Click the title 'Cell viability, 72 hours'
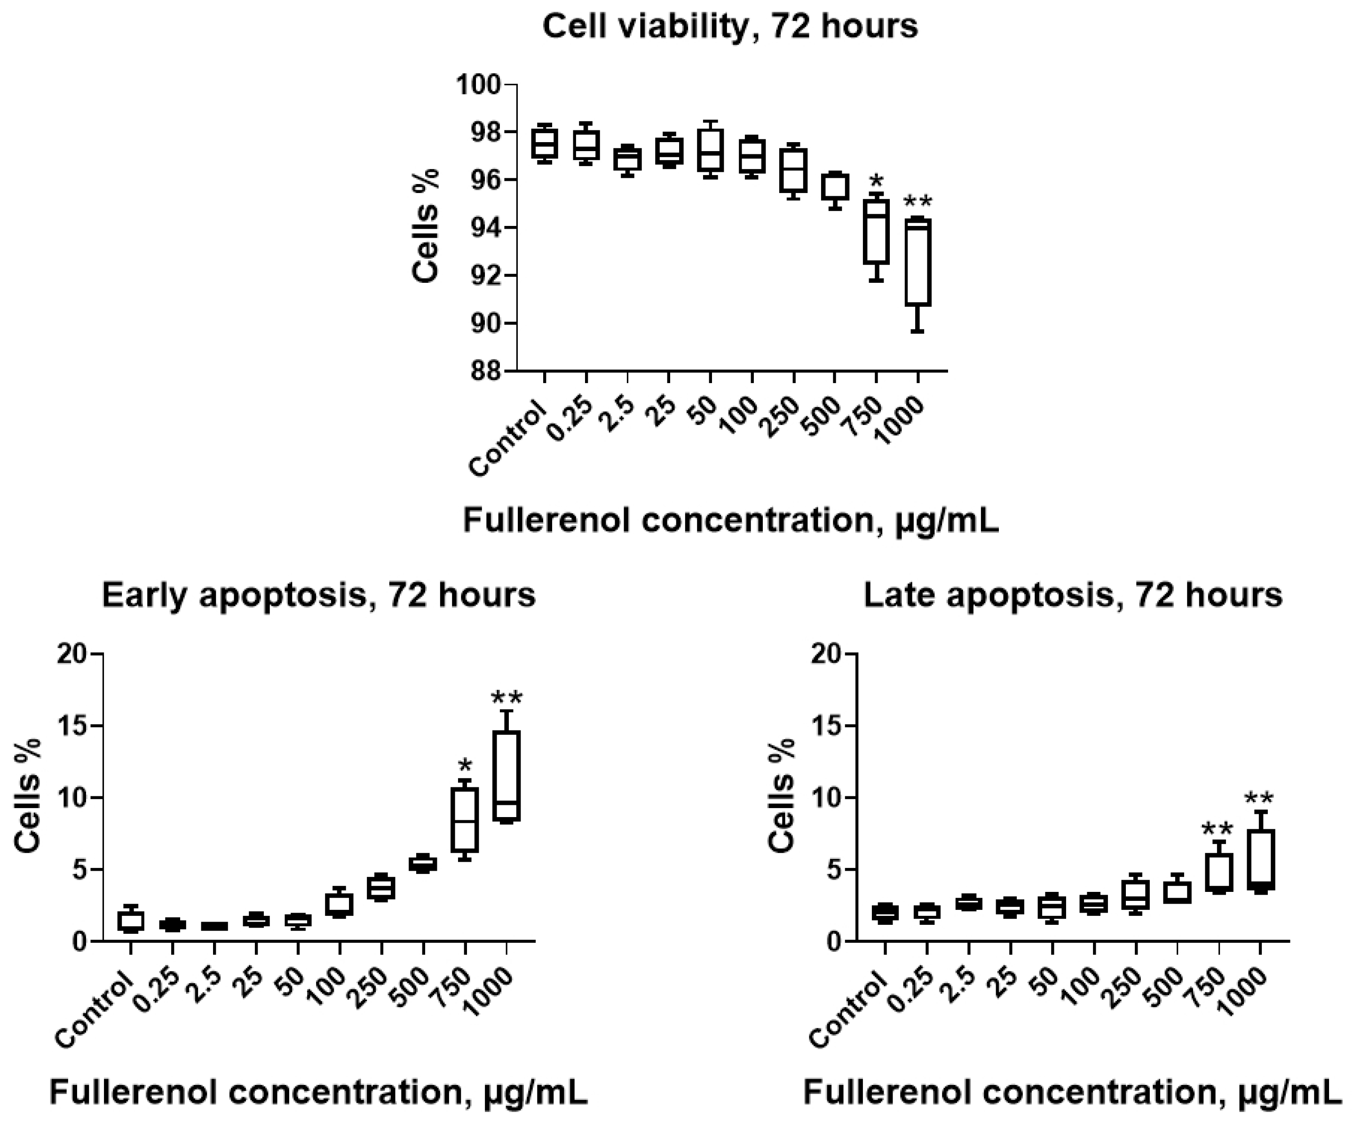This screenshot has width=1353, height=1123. pos(730,27)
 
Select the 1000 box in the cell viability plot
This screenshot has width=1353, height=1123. pos(918,262)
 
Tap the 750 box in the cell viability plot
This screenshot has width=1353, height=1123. pos(876,232)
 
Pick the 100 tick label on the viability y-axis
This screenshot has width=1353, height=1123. pos(477,84)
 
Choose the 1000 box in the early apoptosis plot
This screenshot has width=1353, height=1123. pos(506,776)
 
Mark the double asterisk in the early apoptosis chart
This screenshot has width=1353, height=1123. pos(506,698)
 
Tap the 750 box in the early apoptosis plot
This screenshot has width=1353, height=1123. pos(465,819)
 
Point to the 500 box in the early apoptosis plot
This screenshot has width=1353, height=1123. pos(423,864)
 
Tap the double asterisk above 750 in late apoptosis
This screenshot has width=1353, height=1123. pos(1218,828)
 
